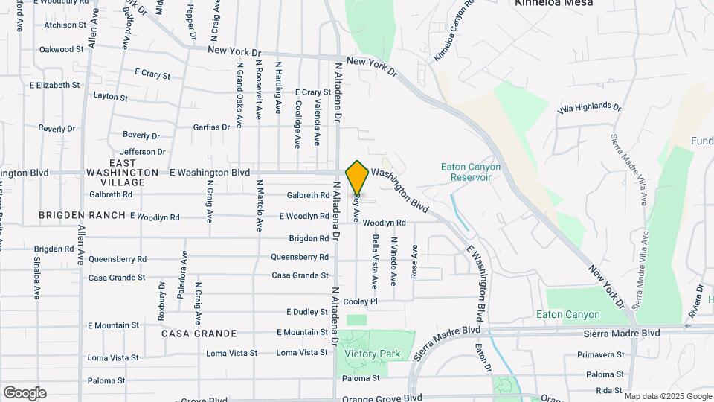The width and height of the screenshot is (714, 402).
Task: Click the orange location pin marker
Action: point(358,177)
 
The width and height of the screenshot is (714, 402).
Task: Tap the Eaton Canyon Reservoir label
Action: point(471,172)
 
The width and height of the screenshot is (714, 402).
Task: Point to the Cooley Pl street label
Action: point(361,301)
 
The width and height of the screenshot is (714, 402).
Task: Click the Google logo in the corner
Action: point(24,392)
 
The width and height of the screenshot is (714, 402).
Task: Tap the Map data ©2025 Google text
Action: point(667,396)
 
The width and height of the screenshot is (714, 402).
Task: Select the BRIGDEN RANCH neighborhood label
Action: point(83,217)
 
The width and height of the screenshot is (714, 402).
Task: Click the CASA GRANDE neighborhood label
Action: point(199,334)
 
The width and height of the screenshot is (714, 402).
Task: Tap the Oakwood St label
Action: point(61,49)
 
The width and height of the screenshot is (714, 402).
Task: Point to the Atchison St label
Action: point(65,25)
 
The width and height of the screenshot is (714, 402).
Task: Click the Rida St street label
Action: point(608,390)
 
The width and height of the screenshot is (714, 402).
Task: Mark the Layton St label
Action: point(111,97)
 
